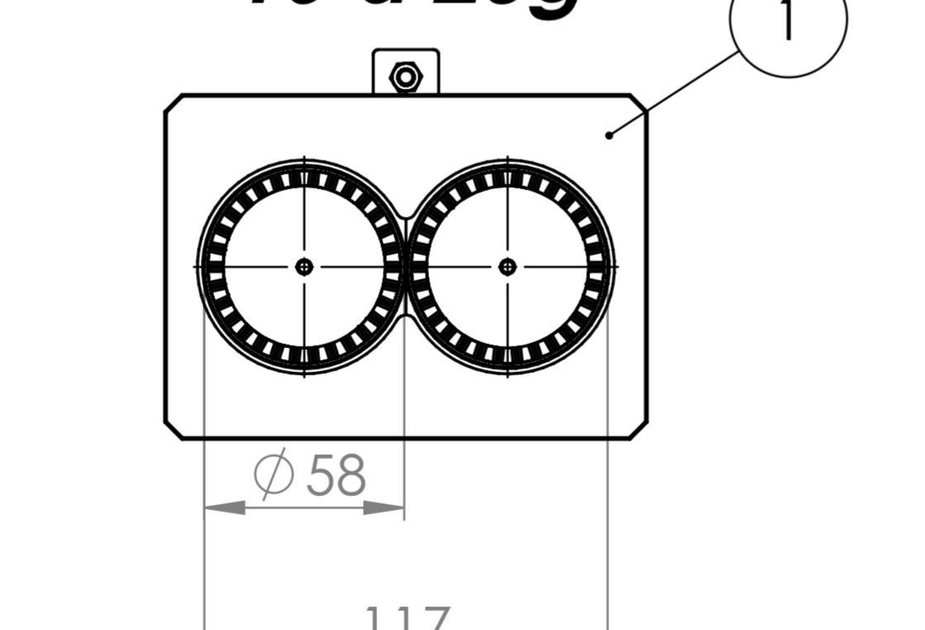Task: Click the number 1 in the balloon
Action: pos(788,21)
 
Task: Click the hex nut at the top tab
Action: pos(406,78)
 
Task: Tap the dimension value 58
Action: pos(336,476)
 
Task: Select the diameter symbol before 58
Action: pos(274,474)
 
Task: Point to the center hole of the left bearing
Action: pos(304,266)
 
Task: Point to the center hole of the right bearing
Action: pos(508,266)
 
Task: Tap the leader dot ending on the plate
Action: pos(609,136)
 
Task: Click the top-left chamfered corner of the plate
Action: pos(174,103)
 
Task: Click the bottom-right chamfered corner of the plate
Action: pos(639,430)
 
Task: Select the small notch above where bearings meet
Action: pos(406,214)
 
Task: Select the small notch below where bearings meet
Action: pos(406,318)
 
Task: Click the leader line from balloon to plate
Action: pos(674,93)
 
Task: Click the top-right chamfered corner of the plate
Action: pos(639,103)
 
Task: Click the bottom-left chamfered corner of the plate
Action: pos(174,430)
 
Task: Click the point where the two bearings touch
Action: pos(406,266)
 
